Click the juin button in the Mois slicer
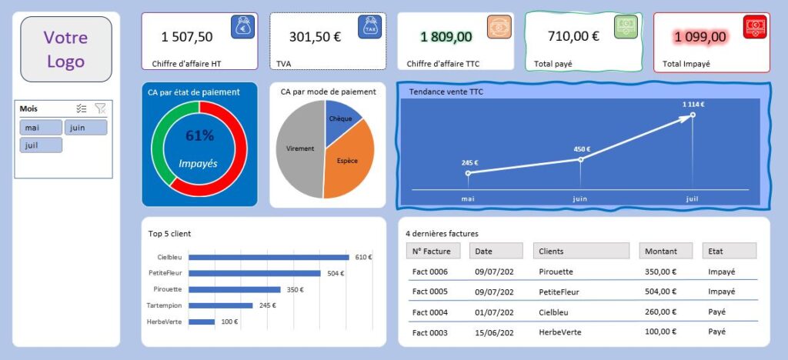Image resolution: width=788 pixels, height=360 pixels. coord(86,128)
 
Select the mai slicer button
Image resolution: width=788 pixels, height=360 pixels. coord(42,128)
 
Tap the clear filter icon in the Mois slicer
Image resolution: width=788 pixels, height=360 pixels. coord(101,108)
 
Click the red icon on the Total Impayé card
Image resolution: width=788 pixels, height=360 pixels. coord(755,27)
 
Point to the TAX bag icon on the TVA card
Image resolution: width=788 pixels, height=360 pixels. coord(370,27)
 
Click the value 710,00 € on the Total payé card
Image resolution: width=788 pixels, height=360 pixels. coord(573,36)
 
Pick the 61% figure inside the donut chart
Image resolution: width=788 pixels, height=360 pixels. coord(200,135)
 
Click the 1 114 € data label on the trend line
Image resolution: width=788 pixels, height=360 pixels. coord(693,105)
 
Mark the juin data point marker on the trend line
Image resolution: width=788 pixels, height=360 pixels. coord(580,160)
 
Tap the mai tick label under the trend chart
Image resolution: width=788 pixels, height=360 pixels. coord(468,198)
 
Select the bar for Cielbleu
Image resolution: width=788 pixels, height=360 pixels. coord(269,257)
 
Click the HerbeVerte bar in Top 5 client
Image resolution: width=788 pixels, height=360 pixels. coord(202,322)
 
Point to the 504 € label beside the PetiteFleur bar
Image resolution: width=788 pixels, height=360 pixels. coord(336,274)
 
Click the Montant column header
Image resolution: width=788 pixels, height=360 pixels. coord(666,251)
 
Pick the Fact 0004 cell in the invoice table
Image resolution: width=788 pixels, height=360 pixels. coord(429,312)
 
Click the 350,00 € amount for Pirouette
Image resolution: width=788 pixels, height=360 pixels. coord(660,272)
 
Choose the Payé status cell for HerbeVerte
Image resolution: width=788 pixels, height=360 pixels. coord(716,332)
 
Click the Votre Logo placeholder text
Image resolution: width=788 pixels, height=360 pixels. coord(66,49)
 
